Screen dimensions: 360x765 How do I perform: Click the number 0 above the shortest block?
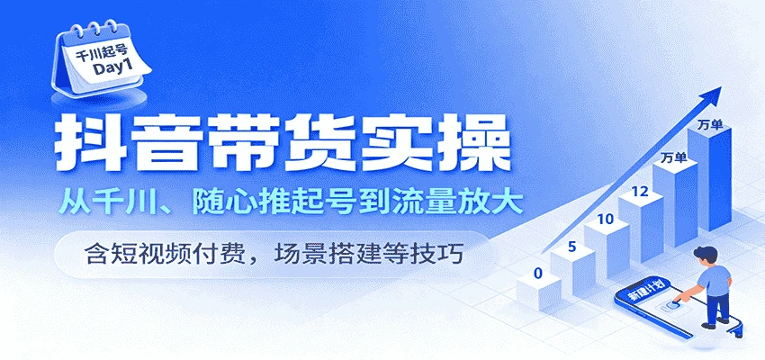click(x=537, y=273)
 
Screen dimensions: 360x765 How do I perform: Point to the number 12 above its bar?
click(x=640, y=191)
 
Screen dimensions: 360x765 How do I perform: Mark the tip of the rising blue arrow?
click(x=724, y=87)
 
